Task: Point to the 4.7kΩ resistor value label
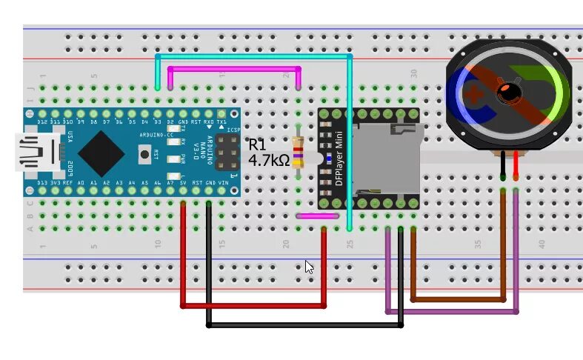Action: pyautogui.click(x=268, y=159)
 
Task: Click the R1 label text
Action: pyautogui.click(x=256, y=144)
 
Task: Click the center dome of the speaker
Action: pyautogui.click(x=508, y=92)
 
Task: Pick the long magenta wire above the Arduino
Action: pyautogui.click(x=234, y=69)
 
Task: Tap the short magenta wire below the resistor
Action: pyautogui.click(x=311, y=216)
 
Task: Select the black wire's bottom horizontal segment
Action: pyautogui.click(x=304, y=324)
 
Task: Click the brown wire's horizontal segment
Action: pyautogui.click(x=459, y=299)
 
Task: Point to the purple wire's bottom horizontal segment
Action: pyautogui.click(x=451, y=312)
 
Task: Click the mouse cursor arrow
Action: pyautogui.click(x=308, y=266)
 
